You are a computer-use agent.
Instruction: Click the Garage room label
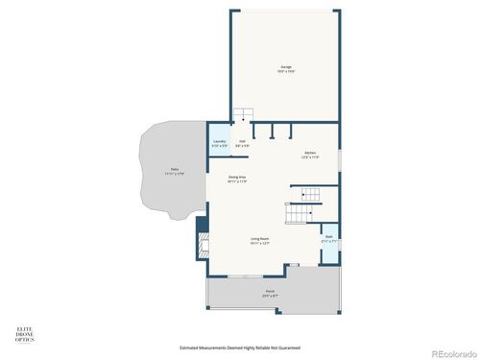pos(286,66)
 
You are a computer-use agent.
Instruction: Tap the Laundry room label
pos(220,140)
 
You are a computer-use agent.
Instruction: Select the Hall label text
pos(243,140)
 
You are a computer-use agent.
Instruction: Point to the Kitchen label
pos(310,152)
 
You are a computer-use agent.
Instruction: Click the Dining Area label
pos(238,177)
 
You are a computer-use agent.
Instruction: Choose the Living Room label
pos(260,238)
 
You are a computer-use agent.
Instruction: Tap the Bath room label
pos(328,236)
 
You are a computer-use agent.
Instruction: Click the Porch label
pos(271,291)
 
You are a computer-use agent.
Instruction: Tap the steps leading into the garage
pos(244,115)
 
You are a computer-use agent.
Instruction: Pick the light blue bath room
pos(328,243)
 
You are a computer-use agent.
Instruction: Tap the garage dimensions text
pos(286,72)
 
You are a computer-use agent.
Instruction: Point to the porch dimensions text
pos(271,296)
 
